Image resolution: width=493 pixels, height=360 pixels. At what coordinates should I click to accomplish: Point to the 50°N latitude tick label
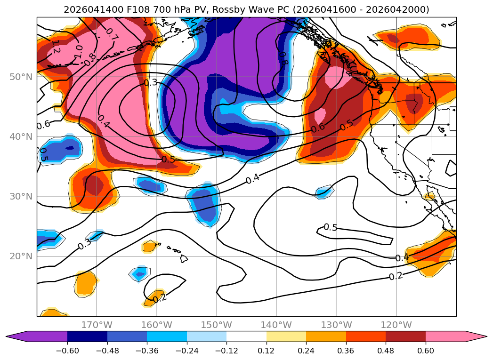21,77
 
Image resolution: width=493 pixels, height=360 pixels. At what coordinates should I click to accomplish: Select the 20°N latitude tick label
21,256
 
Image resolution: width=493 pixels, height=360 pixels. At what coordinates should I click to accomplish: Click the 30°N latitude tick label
21,196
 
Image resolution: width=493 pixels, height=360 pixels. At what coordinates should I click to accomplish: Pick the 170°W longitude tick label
97,325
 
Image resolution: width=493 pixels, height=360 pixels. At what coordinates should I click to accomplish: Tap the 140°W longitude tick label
276,325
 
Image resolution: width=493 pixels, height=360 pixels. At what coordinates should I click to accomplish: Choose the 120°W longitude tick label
396,325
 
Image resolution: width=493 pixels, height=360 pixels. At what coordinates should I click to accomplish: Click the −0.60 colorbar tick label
67,351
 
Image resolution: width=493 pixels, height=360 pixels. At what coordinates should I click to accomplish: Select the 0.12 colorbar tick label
267,351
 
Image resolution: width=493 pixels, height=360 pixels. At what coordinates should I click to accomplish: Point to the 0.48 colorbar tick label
386,351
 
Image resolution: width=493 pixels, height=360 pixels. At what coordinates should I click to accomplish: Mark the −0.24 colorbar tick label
187,351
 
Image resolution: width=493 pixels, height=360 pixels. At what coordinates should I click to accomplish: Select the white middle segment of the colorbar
247,336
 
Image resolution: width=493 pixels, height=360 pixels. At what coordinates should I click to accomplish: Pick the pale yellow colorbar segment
286,336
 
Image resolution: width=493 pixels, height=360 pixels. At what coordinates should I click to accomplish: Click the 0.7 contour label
112,34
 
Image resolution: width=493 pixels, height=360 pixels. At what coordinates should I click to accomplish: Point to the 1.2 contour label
56,47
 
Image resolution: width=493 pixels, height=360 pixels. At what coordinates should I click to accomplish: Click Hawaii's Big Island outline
184,258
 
